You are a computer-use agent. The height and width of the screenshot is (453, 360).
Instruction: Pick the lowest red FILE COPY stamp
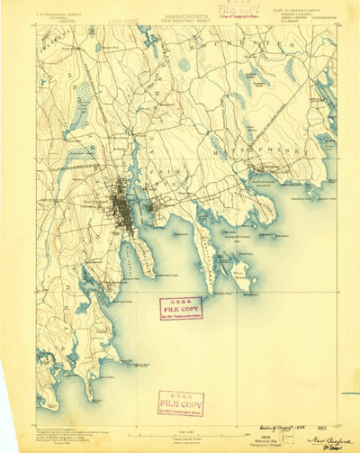(180, 403)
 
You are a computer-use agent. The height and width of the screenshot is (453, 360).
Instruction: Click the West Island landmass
(236, 270)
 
